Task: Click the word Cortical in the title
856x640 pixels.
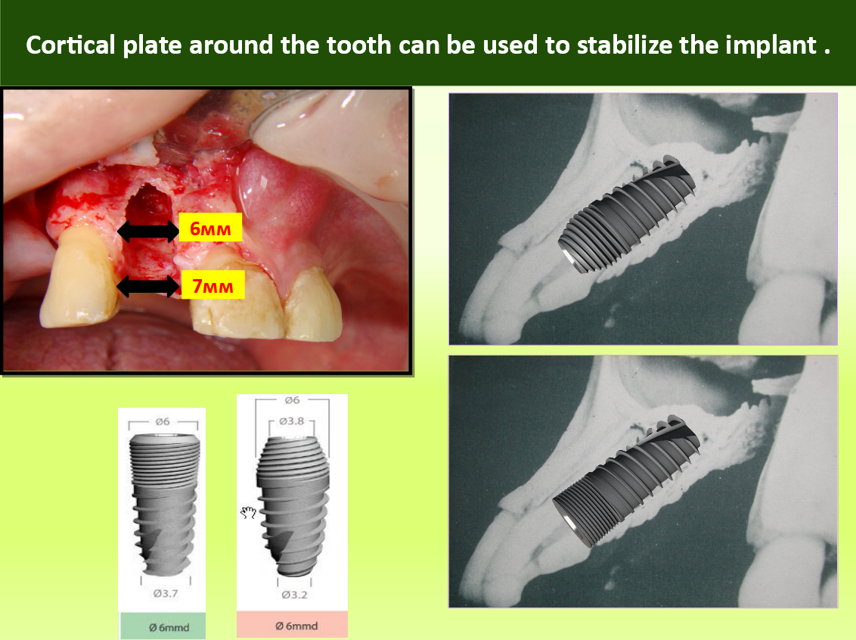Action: click(x=70, y=45)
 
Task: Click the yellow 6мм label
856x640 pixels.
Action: click(x=210, y=228)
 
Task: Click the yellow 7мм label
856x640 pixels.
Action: click(x=212, y=285)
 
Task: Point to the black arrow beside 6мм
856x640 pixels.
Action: click(x=148, y=231)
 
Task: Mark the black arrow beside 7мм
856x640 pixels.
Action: click(x=148, y=286)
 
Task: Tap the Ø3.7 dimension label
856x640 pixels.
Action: click(x=166, y=594)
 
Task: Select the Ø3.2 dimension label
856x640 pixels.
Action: click(x=294, y=595)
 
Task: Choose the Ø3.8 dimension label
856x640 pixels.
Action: click(x=292, y=421)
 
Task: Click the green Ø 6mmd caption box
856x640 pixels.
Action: click(x=163, y=626)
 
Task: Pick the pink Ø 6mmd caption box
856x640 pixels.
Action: click(x=292, y=625)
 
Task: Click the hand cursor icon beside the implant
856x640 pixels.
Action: click(x=248, y=512)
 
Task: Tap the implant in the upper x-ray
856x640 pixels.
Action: click(x=627, y=213)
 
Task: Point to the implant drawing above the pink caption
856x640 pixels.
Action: click(x=293, y=506)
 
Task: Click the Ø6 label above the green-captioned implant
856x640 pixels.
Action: click(x=162, y=421)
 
